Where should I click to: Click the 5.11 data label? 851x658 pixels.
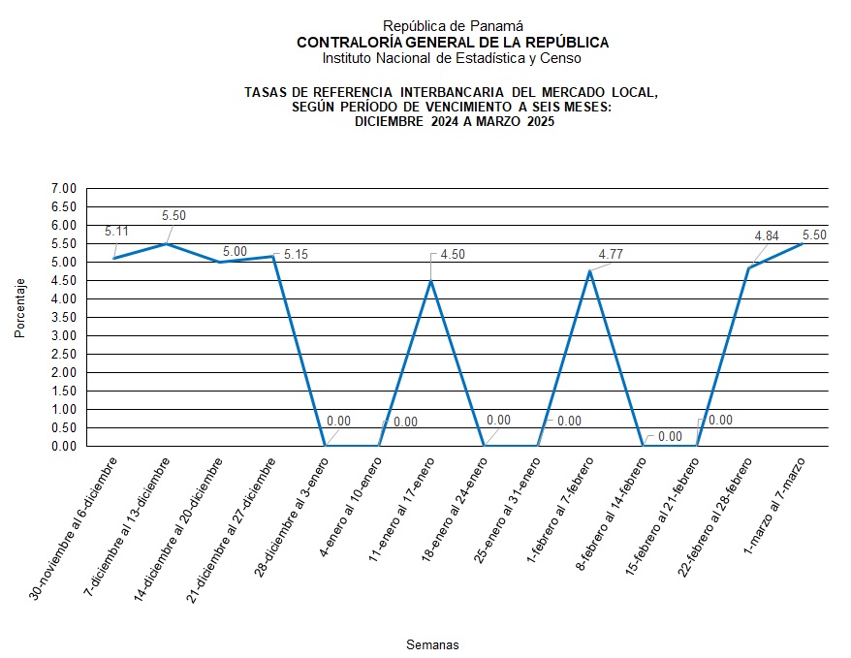click(116, 232)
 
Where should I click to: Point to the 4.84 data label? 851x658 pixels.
click(767, 235)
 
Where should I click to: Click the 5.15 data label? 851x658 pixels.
click(296, 254)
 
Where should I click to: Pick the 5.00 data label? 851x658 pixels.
click(234, 251)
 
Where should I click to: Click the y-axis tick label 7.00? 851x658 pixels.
click(63, 188)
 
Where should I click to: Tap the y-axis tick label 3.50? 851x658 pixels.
click(63, 317)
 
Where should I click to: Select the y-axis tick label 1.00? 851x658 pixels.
click(63, 409)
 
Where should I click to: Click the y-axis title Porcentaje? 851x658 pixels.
click(20, 308)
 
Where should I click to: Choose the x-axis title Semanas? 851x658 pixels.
click(432, 644)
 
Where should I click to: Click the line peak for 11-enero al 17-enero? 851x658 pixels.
click(431, 281)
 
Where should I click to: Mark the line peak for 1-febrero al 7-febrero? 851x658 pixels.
click(590, 271)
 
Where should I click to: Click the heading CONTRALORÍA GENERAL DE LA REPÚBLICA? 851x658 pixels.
click(453, 43)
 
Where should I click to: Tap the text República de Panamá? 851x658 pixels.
click(453, 26)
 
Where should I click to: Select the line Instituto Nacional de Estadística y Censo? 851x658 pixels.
click(453, 58)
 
